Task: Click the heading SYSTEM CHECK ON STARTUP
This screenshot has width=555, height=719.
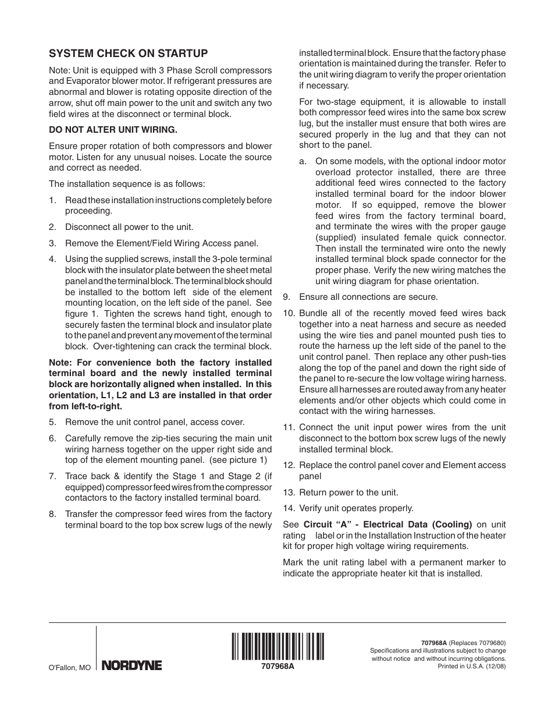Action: [x=128, y=54]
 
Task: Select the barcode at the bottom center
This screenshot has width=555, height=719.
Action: [x=277, y=646]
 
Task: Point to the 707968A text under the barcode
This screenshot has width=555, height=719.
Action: [x=277, y=667]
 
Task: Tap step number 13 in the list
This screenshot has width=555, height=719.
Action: [x=288, y=492]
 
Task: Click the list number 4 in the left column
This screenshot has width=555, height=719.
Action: [x=52, y=259]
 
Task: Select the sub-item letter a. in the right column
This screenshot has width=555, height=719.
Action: [x=303, y=161]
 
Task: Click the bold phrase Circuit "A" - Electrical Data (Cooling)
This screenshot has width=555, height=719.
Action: [x=387, y=524]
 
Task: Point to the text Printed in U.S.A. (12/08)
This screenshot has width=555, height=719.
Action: [x=471, y=667]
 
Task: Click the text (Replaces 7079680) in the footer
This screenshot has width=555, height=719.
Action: [x=477, y=643]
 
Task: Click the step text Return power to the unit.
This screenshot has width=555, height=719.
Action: [x=348, y=492]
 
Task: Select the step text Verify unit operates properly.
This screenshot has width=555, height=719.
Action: [x=356, y=508]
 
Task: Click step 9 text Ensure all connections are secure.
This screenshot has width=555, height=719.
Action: [x=368, y=297]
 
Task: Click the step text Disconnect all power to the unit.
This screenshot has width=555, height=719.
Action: [x=129, y=227]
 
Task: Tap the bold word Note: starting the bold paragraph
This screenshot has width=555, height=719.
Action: [x=61, y=363]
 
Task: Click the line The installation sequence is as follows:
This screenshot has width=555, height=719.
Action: [x=127, y=184]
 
